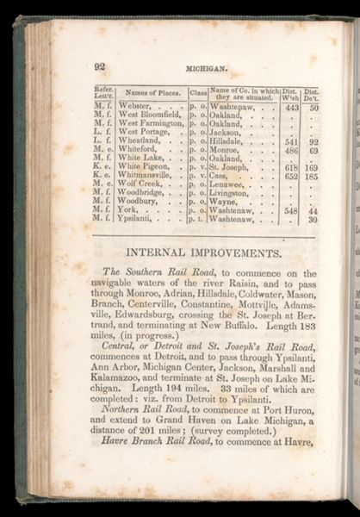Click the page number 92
point(100,65)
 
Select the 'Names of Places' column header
point(151,92)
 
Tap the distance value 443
point(291,108)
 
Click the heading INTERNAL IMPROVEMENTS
point(203,253)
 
